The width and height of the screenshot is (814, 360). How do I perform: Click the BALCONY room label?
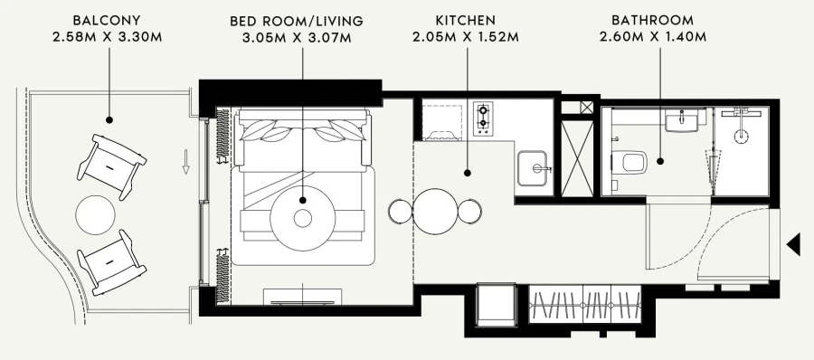107,21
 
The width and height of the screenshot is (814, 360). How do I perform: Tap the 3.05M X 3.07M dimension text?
297,38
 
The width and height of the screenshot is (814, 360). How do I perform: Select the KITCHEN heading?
466,21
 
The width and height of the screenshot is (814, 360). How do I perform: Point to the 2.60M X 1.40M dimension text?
652,37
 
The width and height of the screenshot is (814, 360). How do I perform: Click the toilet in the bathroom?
629,162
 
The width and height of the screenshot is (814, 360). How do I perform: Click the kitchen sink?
532,168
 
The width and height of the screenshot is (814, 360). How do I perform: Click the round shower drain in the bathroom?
741,136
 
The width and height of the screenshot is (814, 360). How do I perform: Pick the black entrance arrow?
793,245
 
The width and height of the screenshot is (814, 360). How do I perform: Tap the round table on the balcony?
96,214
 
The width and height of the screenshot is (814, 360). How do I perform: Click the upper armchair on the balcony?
111,166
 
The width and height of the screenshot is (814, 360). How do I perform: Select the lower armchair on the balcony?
111,262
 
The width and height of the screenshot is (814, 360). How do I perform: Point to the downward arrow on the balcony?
185,162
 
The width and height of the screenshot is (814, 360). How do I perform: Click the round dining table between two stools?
435,211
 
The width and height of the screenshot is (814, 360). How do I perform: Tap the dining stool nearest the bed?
401,211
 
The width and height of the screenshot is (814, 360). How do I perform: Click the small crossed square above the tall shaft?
587,108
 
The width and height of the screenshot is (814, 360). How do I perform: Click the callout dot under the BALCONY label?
109,120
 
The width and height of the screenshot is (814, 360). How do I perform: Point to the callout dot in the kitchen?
468,173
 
